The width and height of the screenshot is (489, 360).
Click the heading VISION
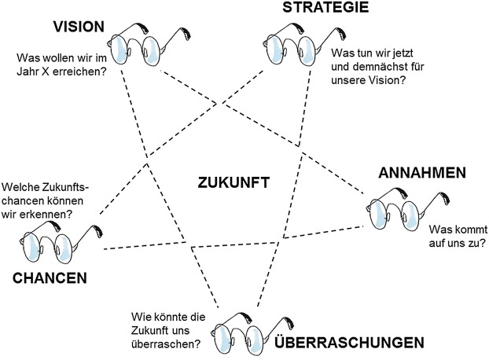pyautogui.click(x=78, y=27)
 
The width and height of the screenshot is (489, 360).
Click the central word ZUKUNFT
pyautogui.click(x=235, y=182)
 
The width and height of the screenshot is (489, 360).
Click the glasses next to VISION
pyautogui.click(x=142, y=43)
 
